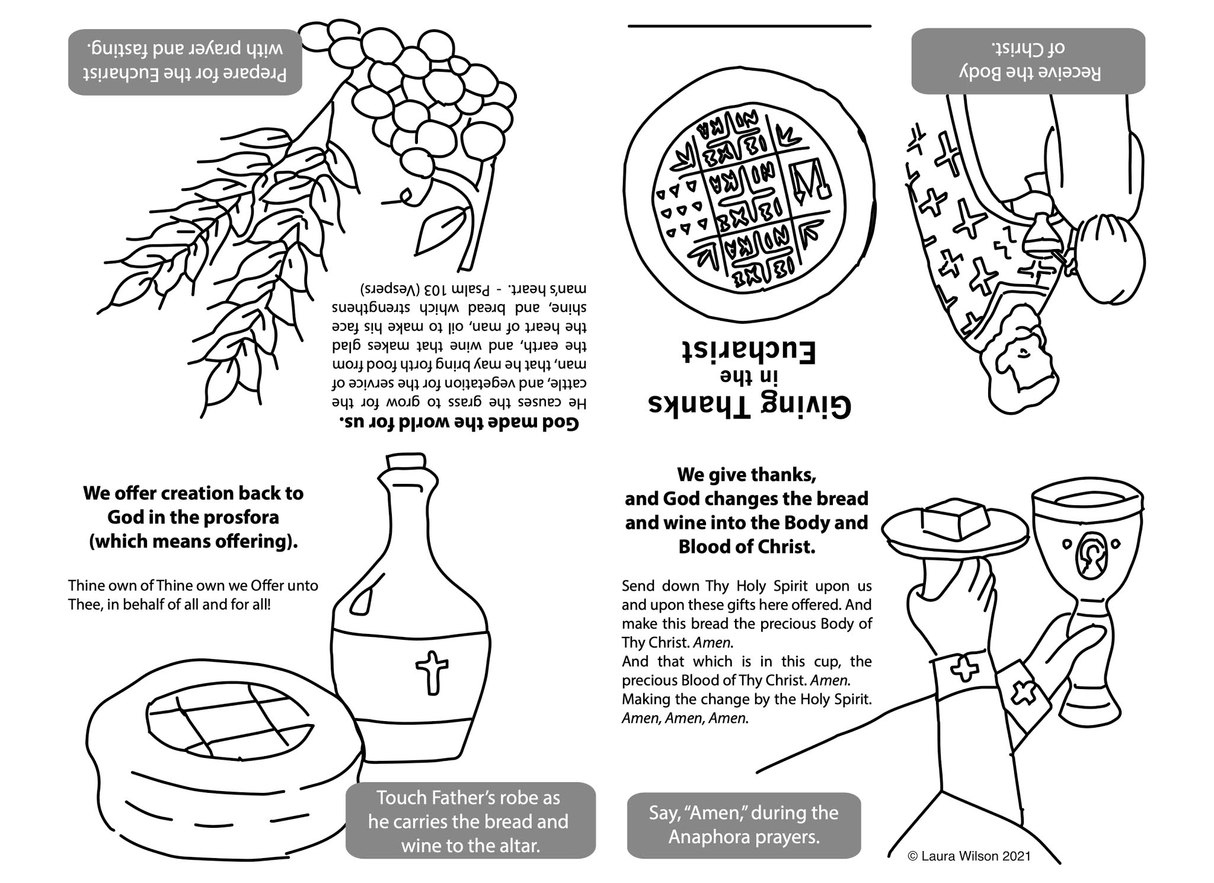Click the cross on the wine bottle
432,672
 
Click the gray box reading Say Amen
743,825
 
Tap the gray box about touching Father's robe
470,821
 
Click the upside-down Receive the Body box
1028,61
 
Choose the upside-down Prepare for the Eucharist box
185,62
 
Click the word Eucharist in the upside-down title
748,352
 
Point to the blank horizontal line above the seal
749,26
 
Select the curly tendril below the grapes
403,194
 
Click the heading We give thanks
746,475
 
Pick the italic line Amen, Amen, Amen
685,718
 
